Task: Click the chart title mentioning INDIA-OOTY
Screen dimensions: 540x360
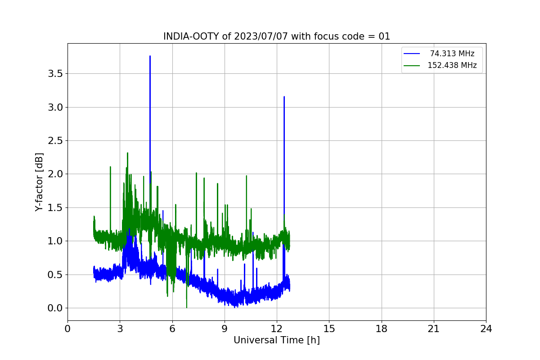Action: (276, 36)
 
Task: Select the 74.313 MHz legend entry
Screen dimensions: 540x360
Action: (439, 54)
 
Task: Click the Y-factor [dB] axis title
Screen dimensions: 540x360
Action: (39, 182)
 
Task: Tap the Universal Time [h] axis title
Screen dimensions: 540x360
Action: (277, 340)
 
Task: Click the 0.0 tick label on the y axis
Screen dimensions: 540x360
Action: (55, 308)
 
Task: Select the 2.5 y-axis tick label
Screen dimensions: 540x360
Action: (55, 141)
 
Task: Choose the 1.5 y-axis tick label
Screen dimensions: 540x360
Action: (55, 207)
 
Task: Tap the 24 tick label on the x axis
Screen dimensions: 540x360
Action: (486, 329)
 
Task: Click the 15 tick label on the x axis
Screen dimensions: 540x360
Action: (329, 329)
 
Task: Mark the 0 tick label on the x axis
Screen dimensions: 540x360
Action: (67, 329)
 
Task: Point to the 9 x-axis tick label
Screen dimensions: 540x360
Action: (225, 329)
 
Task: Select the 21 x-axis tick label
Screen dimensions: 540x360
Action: (434, 329)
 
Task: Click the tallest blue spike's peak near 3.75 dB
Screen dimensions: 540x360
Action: (150, 56)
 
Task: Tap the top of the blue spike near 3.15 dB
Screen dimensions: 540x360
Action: (284, 97)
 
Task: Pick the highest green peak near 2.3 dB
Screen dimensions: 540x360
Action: (127, 153)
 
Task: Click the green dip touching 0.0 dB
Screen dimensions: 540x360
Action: (187, 307)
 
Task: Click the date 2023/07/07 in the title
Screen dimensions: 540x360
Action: (261, 36)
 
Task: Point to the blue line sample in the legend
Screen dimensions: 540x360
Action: (412, 54)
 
